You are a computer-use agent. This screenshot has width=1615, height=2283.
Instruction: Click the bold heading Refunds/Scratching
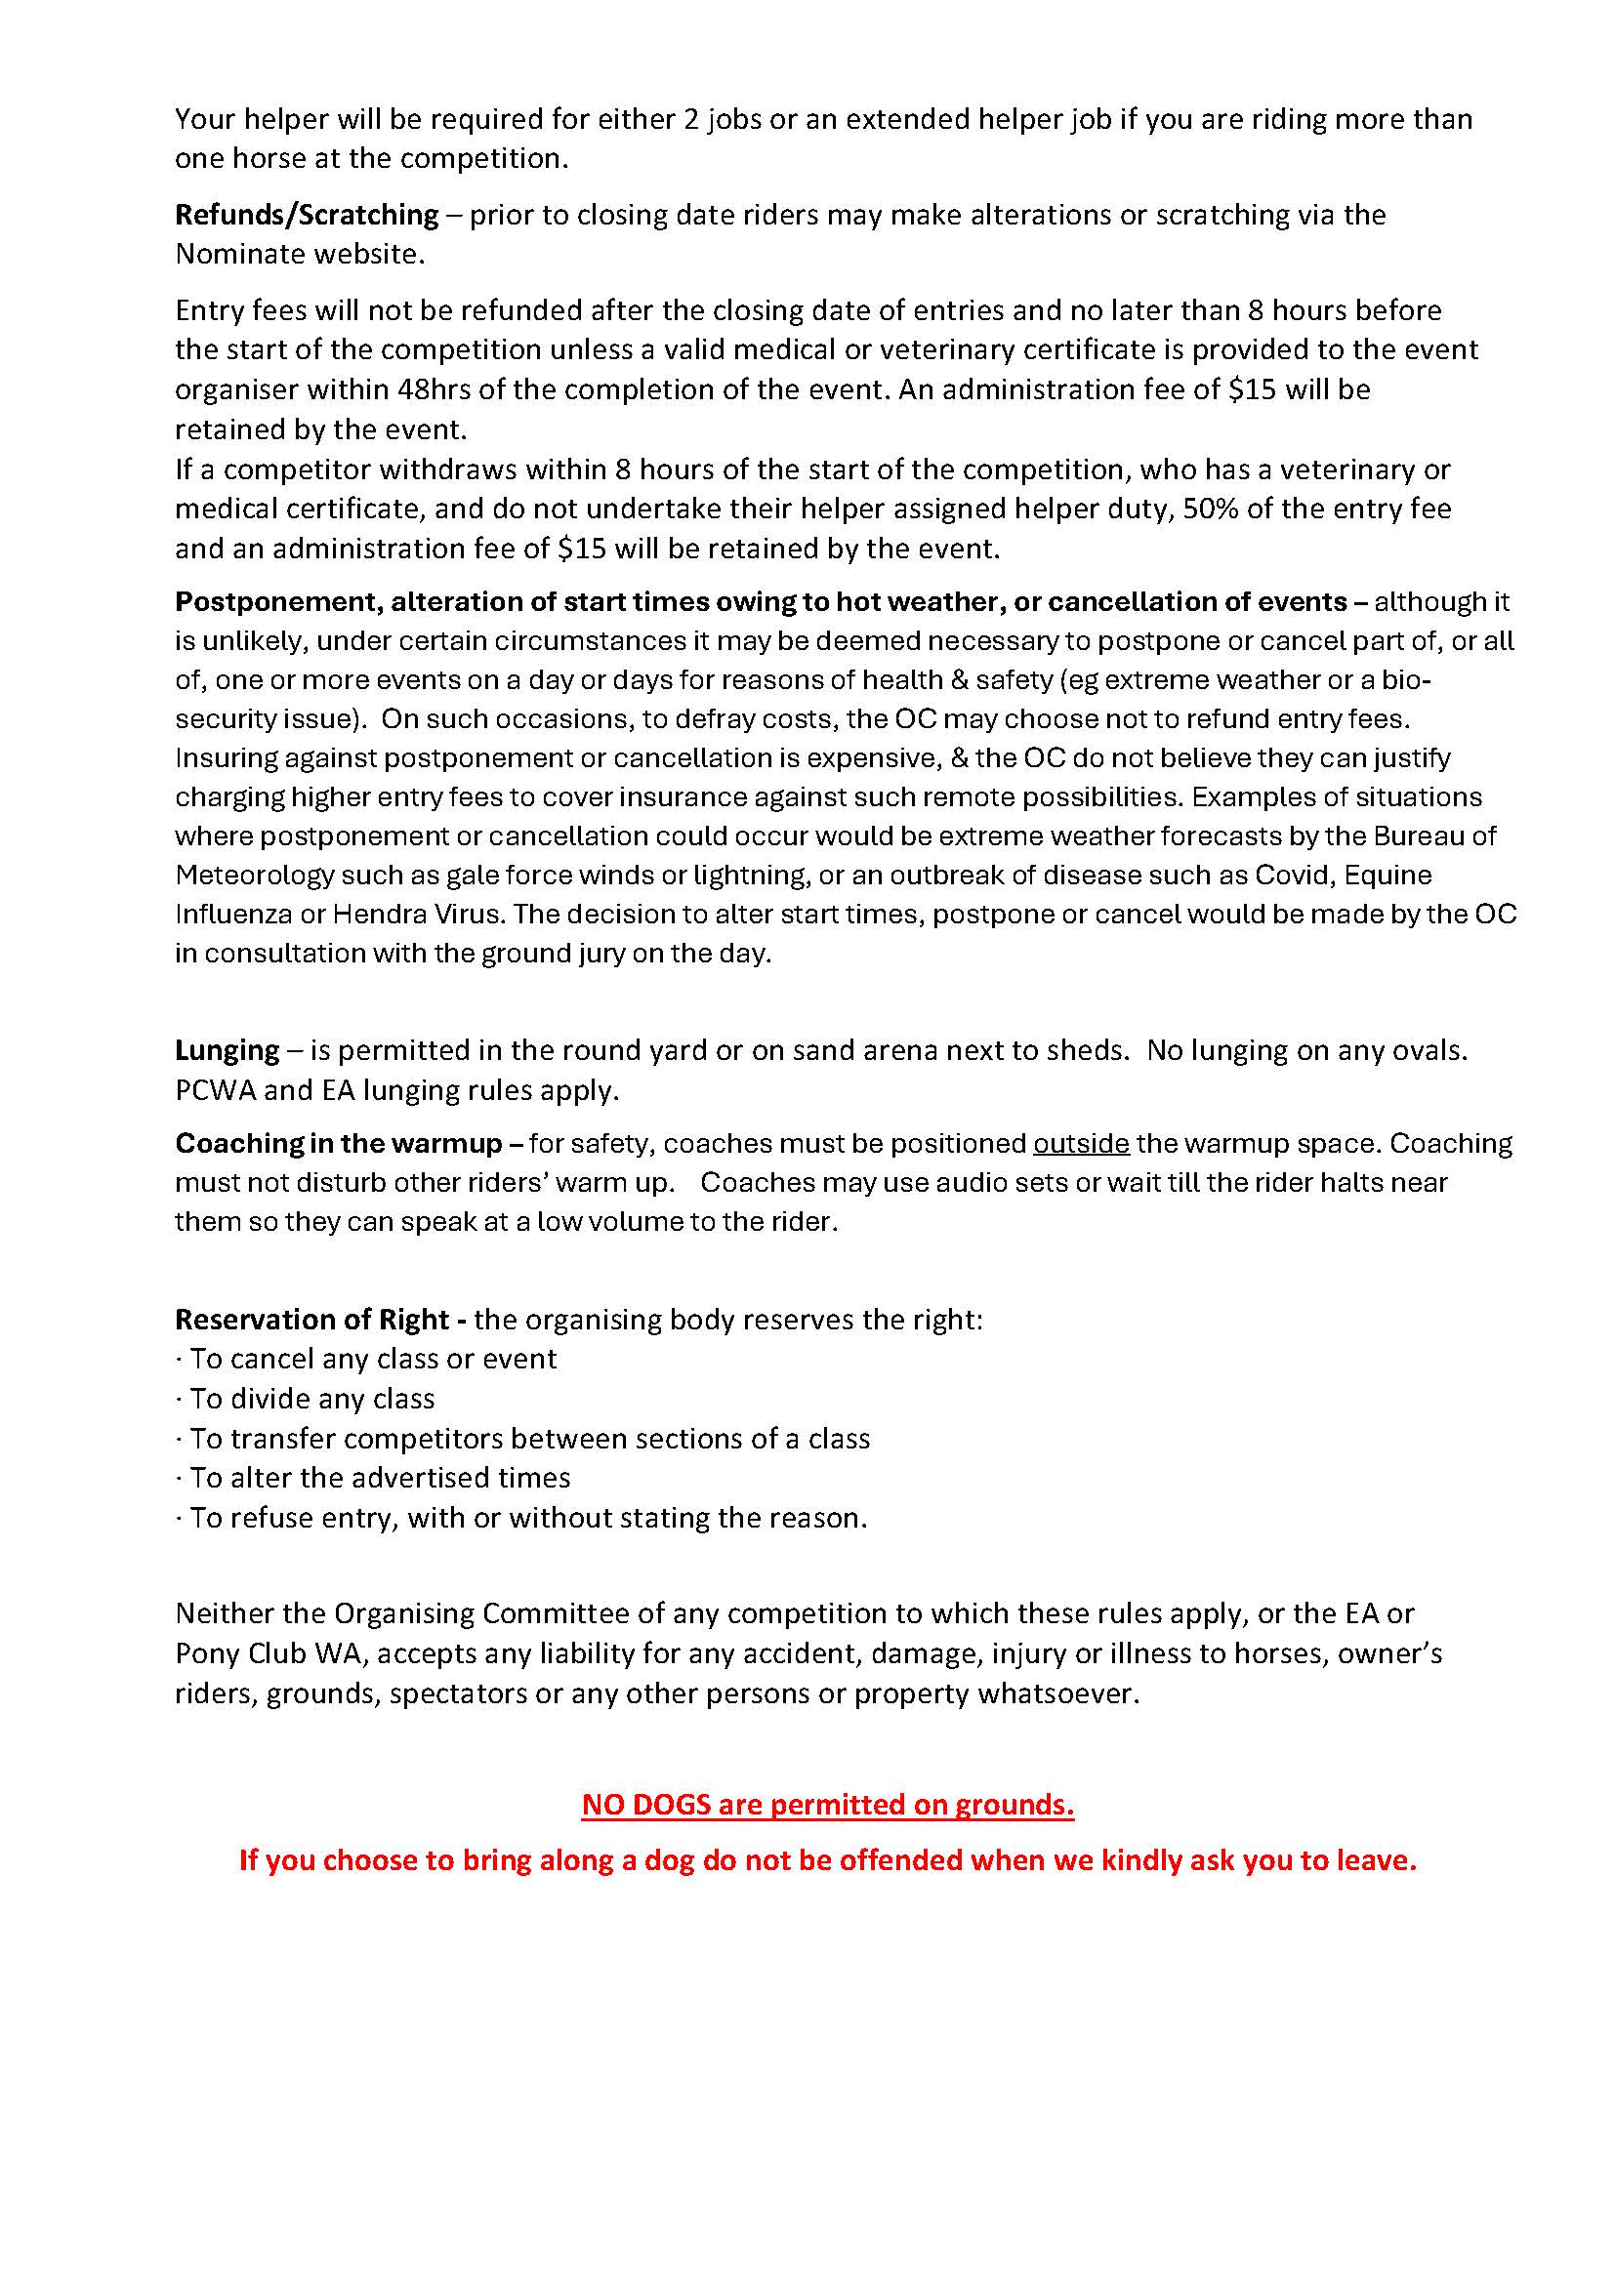307,215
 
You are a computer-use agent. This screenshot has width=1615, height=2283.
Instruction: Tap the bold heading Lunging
227,1051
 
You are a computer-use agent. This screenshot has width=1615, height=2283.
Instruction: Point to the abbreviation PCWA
214,1091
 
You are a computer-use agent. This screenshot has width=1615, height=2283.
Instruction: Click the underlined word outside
1081,1144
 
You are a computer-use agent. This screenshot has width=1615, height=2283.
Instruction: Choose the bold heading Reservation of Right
312,1320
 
